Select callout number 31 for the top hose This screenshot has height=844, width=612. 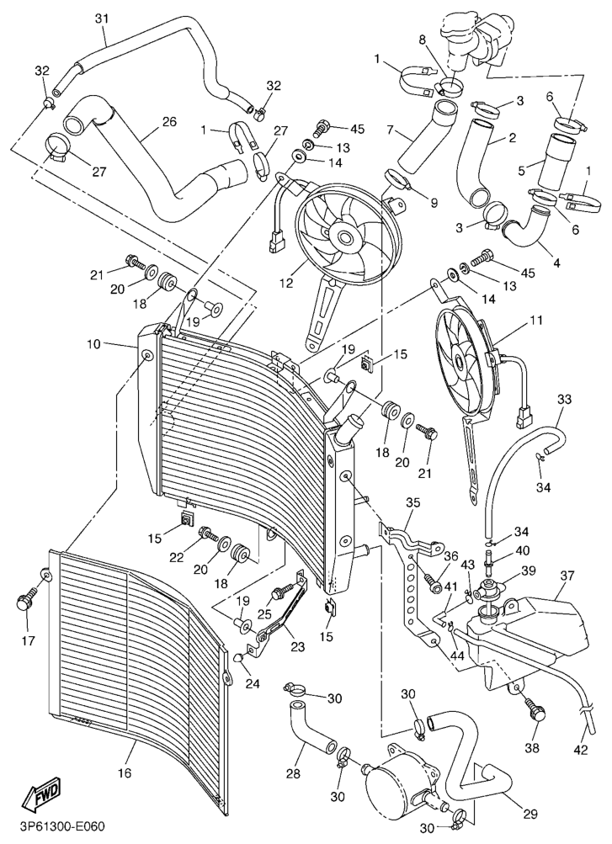click(102, 19)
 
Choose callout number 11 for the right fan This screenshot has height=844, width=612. click(536, 321)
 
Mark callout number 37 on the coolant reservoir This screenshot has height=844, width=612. click(566, 576)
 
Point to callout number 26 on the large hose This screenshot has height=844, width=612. click(169, 122)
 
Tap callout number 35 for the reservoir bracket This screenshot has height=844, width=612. click(412, 505)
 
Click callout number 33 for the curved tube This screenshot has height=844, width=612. click(564, 398)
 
